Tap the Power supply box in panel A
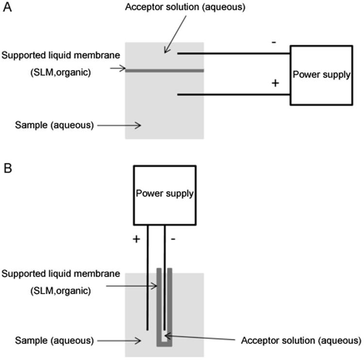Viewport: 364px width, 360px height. coord(321,75)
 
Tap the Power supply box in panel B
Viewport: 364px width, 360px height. coord(165,195)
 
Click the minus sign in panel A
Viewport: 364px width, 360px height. coord(274,42)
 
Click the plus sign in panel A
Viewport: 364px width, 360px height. coord(275,83)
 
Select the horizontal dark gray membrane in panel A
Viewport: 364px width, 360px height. coord(165,71)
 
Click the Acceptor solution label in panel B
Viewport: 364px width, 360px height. coord(301,339)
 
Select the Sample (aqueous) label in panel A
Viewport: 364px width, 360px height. coord(54,125)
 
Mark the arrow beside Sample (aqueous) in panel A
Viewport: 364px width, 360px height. coord(119,126)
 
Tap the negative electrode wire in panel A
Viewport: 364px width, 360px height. coord(233,53)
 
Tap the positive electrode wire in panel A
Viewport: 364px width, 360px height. coord(233,94)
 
